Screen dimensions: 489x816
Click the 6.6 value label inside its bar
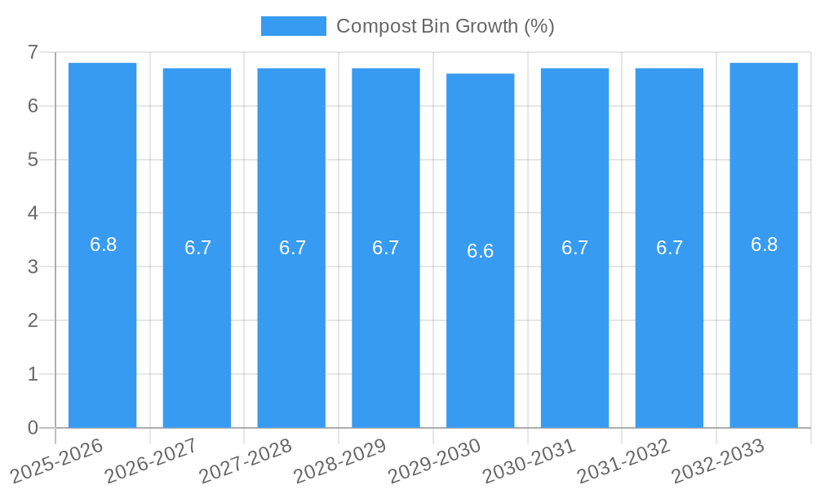pyautogui.click(x=480, y=251)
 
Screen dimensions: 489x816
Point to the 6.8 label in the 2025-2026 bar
pyautogui.click(x=103, y=244)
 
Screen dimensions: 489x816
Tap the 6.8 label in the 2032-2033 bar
pyautogui.click(x=764, y=244)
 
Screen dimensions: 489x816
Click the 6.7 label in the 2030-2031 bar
pyautogui.click(x=574, y=248)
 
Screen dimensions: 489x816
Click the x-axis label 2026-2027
pyautogui.click(x=152, y=460)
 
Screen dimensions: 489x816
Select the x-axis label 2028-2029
pyautogui.click(x=340, y=460)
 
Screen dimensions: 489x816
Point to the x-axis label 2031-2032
pyautogui.click(x=624, y=460)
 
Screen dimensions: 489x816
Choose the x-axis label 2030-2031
pyautogui.click(x=530, y=460)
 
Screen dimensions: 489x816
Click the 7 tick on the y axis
pyautogui.click(x=33, y=52)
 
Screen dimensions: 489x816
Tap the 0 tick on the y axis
pyautogui.click(x=33, y=428)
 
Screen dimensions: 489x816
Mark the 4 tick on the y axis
pyautogui.click(x=33, y=214)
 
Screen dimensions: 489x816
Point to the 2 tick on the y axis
pyautogui.click(x=33, y=320)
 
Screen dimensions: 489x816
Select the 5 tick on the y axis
pyautogui.click(x=33, y=160)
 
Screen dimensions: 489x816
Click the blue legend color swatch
pyautogui.click(x=293, y=26)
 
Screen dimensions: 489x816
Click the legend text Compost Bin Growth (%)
pyautogui.click(x=445, y=26)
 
